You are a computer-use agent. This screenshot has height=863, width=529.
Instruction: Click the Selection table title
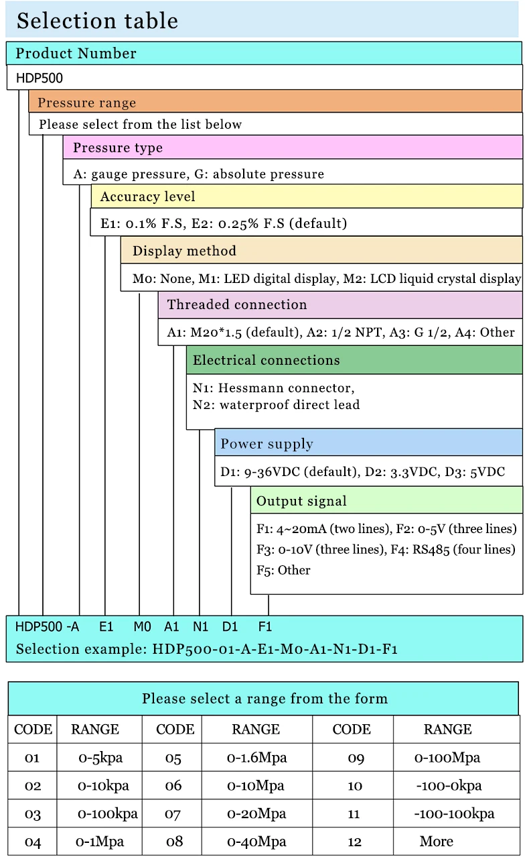pos(97,21)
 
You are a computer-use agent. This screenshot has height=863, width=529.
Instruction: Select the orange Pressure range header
pos(87,103)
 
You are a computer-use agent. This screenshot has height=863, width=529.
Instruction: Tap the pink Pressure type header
pos(118,148)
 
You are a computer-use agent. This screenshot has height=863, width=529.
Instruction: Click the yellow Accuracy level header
pos(148,196)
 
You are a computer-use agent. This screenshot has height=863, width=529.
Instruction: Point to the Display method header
pos(184,251)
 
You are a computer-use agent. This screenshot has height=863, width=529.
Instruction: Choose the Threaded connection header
pos(237,304)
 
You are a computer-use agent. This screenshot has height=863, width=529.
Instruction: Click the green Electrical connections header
pos(267,360)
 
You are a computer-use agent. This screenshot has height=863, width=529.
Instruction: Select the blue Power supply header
pos(267,444)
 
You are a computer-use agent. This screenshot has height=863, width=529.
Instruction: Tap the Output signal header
pos(301,501)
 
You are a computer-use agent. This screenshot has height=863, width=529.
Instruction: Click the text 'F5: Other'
pos(283,570)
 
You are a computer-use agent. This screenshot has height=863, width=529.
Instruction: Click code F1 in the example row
pos(265,627)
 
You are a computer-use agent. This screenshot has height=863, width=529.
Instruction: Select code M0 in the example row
pos(142,627)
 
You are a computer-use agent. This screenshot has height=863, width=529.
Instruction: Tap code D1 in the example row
pos(230,627)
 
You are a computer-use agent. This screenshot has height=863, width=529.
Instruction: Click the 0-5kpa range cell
pos(100,758)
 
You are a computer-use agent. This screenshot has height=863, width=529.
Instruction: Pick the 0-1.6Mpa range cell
pos(256,758)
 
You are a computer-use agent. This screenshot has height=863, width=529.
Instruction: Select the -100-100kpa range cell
pos(454,814)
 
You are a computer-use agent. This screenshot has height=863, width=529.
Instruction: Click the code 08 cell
pos(173,842)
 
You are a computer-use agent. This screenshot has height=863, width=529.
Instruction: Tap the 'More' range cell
pos(437,842)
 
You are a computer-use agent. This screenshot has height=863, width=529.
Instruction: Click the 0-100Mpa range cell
pos(447,758)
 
